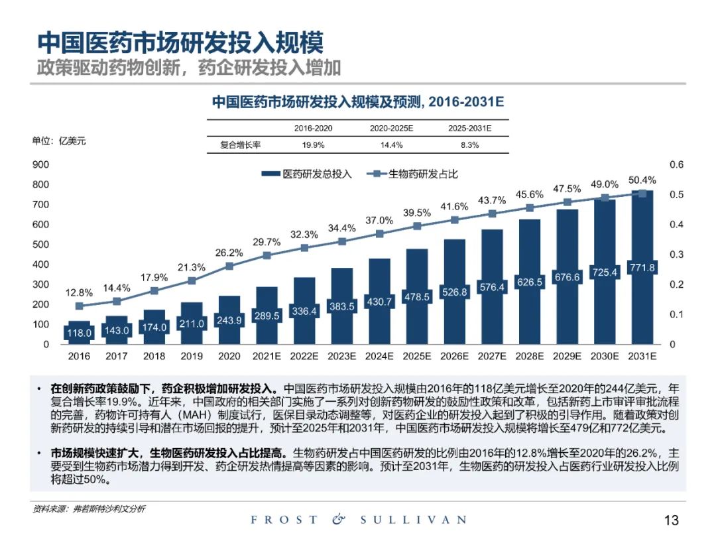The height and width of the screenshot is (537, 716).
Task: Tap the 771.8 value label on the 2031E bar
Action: pyautogui.click(x=642, y=268)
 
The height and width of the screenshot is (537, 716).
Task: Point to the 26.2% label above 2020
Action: pyautogui.click(x=229, y=253)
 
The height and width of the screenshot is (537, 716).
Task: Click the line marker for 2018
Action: pyautogui.click(x=154, y=290)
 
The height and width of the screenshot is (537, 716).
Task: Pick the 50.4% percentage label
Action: pyautogui.click(x=642, y=180)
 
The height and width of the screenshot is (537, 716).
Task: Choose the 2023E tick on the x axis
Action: pyautogui.click(x=342, y=356)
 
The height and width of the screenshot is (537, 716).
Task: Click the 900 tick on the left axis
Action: pyautogui.click(x=41, y=164)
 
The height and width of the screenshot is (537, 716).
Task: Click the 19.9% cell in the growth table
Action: pyautogui.click(x=313, y=145)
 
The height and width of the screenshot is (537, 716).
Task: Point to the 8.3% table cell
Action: pyautogui.click(x=469, y=145)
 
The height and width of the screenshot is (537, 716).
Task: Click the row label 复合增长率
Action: pyautogui.click(x=241, y=145)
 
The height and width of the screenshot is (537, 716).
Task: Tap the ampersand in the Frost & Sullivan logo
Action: pyautogui.click(x=339, y=520)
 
